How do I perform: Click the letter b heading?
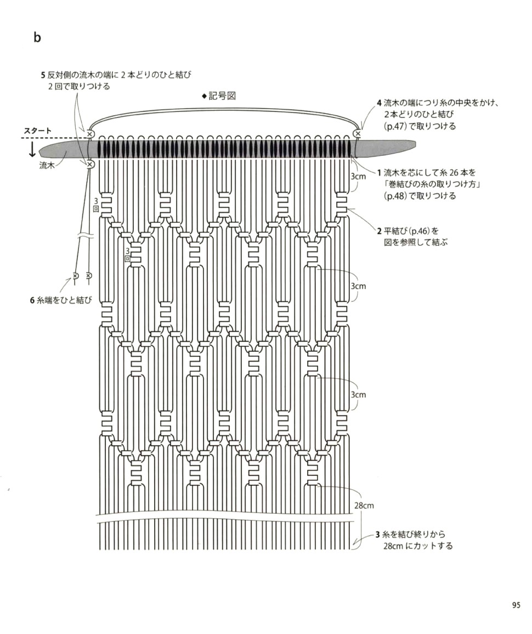[x=37, y=38]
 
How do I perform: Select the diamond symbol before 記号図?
[x=204, y=96]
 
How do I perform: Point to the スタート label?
[x=38, y=131]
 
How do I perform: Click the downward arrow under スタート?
[x=32, y=149]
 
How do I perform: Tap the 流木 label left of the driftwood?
[x=47, y=164]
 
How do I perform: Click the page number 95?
[x=516, y=605]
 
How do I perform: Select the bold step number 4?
[x=379, y=103]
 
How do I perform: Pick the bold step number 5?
[x=43, y=74]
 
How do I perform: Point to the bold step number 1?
[x=378, y=172]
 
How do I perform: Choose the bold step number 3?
[x=378, y=534]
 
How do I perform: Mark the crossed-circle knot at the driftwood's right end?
[x=358, y=133]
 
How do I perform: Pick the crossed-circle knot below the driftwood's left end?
[x=90, y=164]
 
